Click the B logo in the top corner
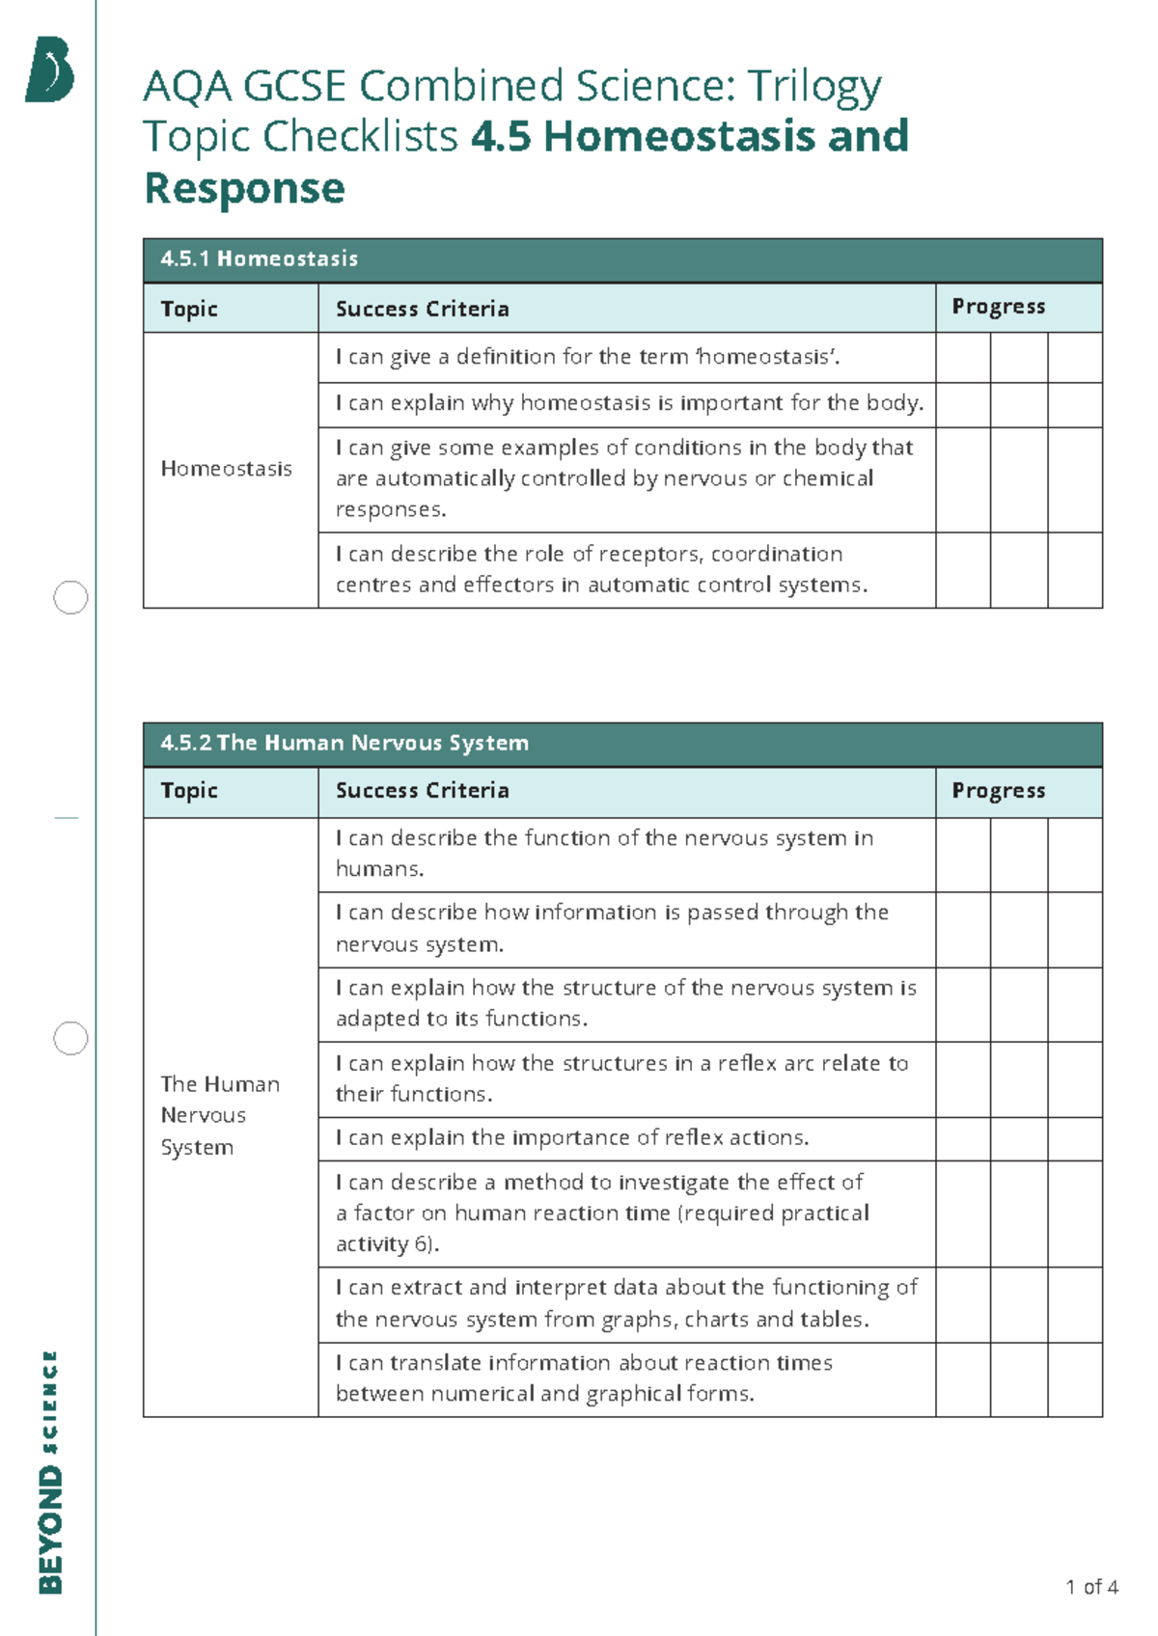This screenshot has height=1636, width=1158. click(x=50, y=69)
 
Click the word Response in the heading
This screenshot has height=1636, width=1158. click(x=244, y=188)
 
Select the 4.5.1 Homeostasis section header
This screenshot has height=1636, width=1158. click(x=260, y=259)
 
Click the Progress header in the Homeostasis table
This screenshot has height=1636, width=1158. click(x=998, y=307)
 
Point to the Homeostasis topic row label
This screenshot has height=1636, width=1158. click(x=226, y=469)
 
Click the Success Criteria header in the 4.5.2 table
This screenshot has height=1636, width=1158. click(x=422, y=790)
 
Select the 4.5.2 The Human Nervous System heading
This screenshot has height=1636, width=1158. click(x=345, y=743)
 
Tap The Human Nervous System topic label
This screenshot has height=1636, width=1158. click(x=220, y=1115)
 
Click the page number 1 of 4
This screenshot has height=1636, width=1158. click(x=1091, y=1587)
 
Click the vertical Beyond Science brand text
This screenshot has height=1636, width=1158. click(x=50, y=1471)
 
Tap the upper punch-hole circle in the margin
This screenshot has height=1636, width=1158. click(x=70, y=598)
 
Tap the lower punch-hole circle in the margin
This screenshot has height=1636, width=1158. click(x=70, y=1039)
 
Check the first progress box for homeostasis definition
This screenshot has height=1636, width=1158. click(x=963, y=358)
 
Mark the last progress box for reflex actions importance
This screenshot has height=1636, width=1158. click(x=1075, y=1139)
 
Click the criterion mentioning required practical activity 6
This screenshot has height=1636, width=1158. click(x=602, y=1213)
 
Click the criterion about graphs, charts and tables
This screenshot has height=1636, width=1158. click(x=625, y=1303)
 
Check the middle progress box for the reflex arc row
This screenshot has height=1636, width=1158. click(x=1019, y=1079)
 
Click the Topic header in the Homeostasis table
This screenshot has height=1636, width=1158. click(x=189, y=309)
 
